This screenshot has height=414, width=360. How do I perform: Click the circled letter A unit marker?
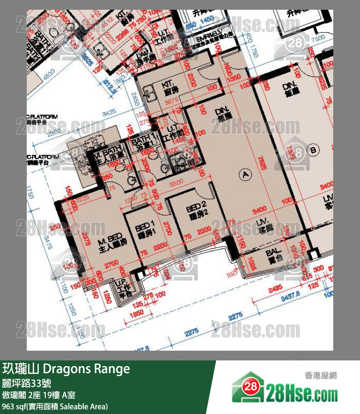(x=246, y=173)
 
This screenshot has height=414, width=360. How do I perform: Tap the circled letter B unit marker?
(x=313, y=150)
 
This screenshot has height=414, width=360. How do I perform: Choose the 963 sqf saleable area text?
(x=54, y=406)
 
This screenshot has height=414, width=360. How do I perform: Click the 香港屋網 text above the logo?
(x=321, y=375)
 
